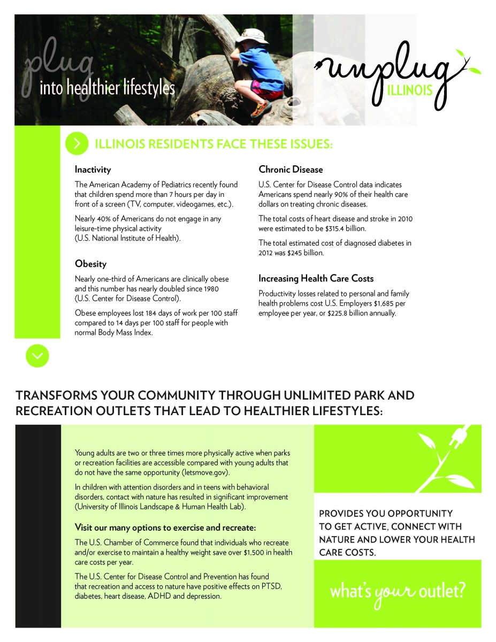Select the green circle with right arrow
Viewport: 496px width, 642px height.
(x=77, y=143)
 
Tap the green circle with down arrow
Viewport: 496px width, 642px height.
(x=37, y=356)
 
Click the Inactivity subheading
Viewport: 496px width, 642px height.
(x=93, y=170)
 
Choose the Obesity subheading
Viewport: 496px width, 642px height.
(x=90, y=264)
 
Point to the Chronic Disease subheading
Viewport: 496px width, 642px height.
(x=291, y=170)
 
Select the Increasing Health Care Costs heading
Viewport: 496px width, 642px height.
(x=316, y=279)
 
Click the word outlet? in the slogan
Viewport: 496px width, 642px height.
(x=442, y=592)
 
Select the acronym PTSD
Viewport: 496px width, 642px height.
(x=271, y=586)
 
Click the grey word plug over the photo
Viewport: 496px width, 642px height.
(x=59, y=66)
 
